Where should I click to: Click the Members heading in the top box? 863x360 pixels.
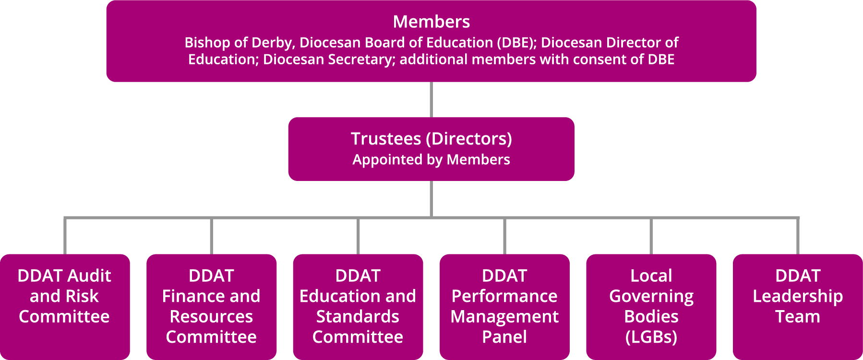click(x=431, y=22)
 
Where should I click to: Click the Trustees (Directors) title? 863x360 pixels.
click(x=431, y=139)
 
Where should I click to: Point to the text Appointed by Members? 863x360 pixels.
click(x=431, y=160)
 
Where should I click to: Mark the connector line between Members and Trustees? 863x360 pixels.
click(x=431, y=99)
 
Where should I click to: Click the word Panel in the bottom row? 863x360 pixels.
click(x=504, y=337)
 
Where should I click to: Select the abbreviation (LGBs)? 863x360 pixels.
click(x=651, y=337)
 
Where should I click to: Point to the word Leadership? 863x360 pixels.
click(x=798, y=296)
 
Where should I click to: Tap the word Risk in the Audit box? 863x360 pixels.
click(x=83, y=296)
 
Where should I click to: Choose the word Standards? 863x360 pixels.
click(x=358, y=317)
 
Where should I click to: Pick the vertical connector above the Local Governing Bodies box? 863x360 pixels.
click(x=651, y=236)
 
